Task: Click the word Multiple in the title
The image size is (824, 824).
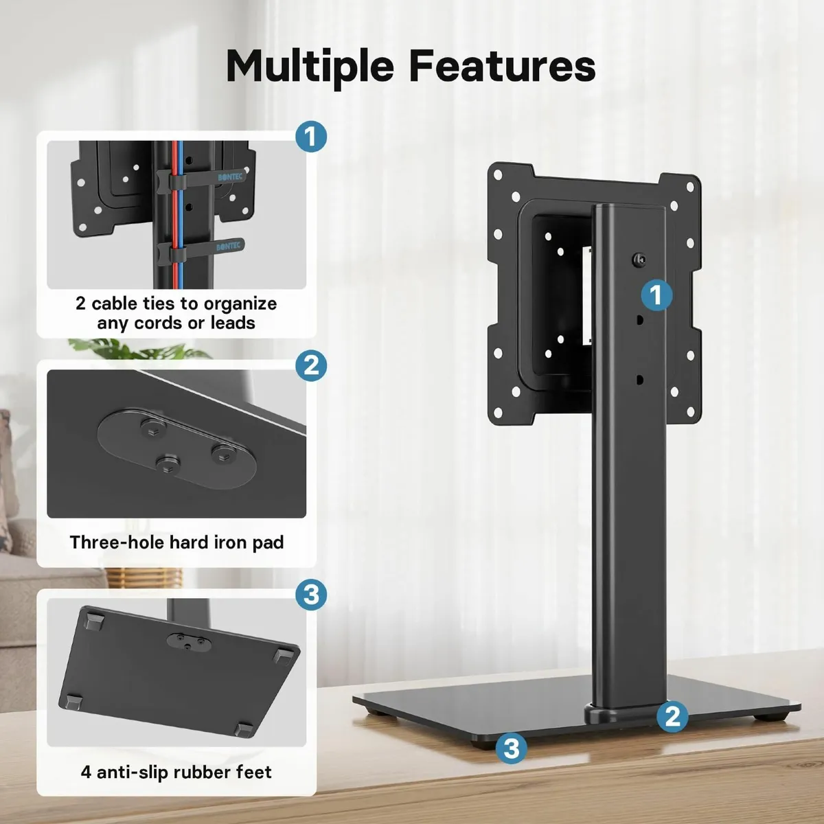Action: coord(310,66)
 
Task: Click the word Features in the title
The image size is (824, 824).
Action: coord(503,66)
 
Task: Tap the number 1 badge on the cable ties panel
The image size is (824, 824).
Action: coord(310,137)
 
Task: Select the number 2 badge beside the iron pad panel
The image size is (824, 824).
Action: coord(311,365)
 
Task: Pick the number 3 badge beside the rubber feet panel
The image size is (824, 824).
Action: coord(311,594)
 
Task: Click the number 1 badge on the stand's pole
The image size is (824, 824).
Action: coord(656,295)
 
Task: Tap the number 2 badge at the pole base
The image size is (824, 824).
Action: coord(672,717)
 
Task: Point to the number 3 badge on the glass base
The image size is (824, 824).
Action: coord(512,748)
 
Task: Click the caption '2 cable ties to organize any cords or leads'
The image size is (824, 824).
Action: coord(176,313)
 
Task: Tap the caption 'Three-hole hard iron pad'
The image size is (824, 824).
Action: coord(176,542)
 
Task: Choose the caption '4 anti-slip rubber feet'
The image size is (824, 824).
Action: coord(176,772)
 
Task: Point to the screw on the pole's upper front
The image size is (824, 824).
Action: coord(639,259)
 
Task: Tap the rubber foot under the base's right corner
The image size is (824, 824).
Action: coord(777,716)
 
